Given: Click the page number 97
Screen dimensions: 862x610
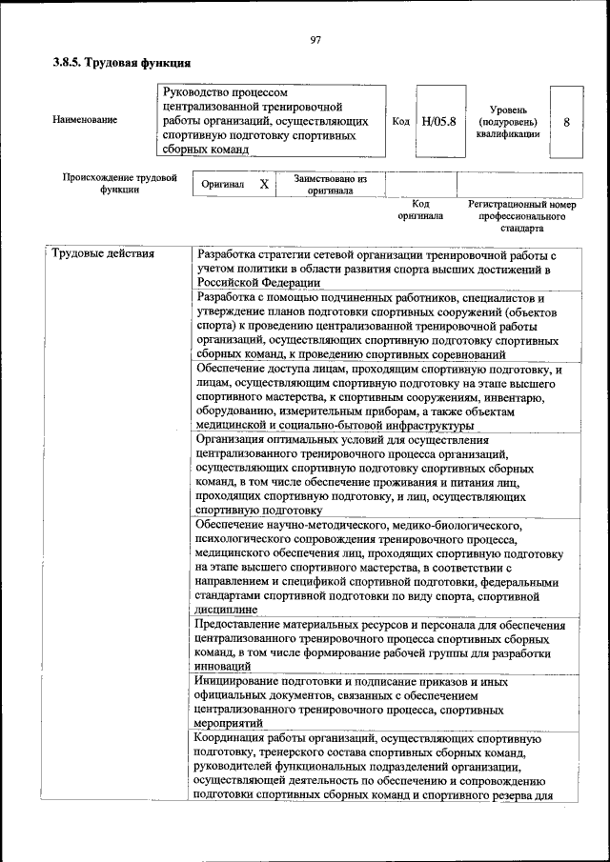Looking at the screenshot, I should [315, 39].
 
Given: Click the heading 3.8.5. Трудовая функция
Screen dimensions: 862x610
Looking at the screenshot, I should [122, 64].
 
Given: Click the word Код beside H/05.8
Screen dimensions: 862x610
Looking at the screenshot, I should [401, 122].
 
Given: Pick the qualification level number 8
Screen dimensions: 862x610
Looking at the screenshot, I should [567, 122].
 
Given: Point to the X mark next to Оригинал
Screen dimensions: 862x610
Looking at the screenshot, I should [264, 184].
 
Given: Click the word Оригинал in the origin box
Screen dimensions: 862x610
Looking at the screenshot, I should [223, 185].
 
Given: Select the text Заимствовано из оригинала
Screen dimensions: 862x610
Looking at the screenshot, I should [330, 184].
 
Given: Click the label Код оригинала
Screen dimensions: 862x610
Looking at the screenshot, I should [420, 210].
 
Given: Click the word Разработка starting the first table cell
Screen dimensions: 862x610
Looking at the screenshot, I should [227, 254].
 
